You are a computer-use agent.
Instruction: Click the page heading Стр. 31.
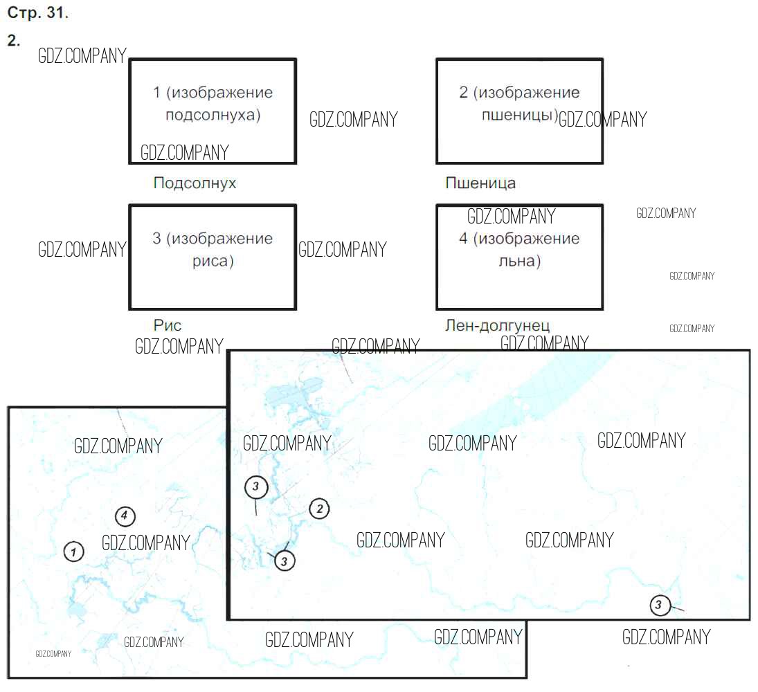[x=37, y=13]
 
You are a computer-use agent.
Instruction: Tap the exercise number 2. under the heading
[x=14, y=40]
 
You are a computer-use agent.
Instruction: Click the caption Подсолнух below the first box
[x=195, y=183]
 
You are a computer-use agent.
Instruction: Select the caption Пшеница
[x=480, y=183]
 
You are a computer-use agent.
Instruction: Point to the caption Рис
[x=168, y=325]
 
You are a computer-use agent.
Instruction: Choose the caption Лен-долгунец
[x=498, y=326]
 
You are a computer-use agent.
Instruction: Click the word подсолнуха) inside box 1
[x=213, y=115]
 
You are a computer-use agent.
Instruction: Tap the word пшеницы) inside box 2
[x=520, y=115]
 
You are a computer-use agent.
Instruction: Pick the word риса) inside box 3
[x=213, y=261]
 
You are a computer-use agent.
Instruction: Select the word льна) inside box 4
[x=520, y=261]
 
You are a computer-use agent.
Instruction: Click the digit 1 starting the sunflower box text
[x=156, y=92]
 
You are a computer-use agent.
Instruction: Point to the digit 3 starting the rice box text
[x=156, y=238]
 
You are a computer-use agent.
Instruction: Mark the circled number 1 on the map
[x=74, y=552]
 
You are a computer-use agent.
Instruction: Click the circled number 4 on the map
[x=125, y=516]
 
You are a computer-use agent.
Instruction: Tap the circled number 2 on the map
[x=320, y=509]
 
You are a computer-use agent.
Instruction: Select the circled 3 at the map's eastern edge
[x=660, y=605]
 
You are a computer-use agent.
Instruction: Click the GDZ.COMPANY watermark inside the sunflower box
[x=185, y=153]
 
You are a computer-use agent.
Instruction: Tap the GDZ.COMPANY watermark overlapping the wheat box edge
[x=603, y=119]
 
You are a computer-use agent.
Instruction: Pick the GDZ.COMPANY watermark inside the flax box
[x=512, y=216]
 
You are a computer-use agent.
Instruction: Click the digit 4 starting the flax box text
[x=463, y=238]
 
